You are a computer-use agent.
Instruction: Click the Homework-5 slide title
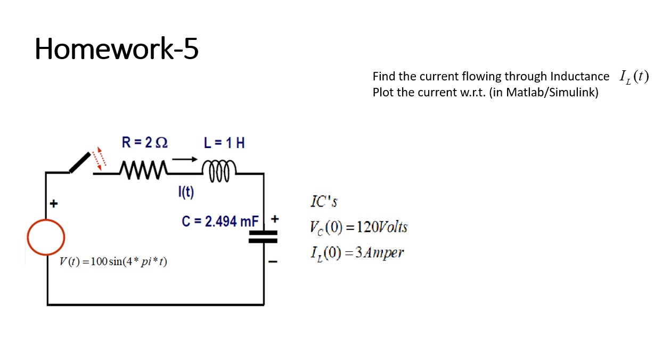click(x=117, y=48)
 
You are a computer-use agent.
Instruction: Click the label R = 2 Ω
click(x=144, y=142)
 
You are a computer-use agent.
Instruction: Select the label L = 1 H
click(x=224, y=142)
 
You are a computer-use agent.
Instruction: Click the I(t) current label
click(x=186, y=192)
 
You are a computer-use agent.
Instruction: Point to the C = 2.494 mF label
click(x=220, y=221)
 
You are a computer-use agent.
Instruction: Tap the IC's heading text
click(x=324, y=202)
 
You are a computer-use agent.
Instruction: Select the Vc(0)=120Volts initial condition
click(x=358, y=227)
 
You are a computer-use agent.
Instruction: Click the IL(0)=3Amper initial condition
click(x=356, y=252)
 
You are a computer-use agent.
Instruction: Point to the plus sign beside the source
click(x=53, y=203)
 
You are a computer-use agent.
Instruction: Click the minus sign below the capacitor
click(x=273, y=261)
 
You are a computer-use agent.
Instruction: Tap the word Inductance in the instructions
click(x=580, y=77)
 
